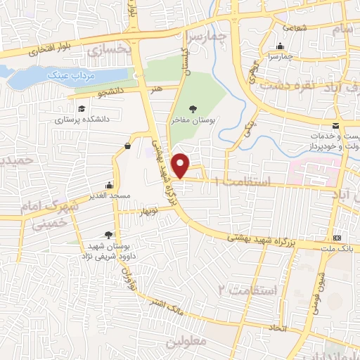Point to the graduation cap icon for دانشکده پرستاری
(x=82, y=108)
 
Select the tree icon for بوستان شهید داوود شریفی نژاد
(x=108, y=235)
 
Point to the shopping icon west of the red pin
(x=127, y=146)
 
